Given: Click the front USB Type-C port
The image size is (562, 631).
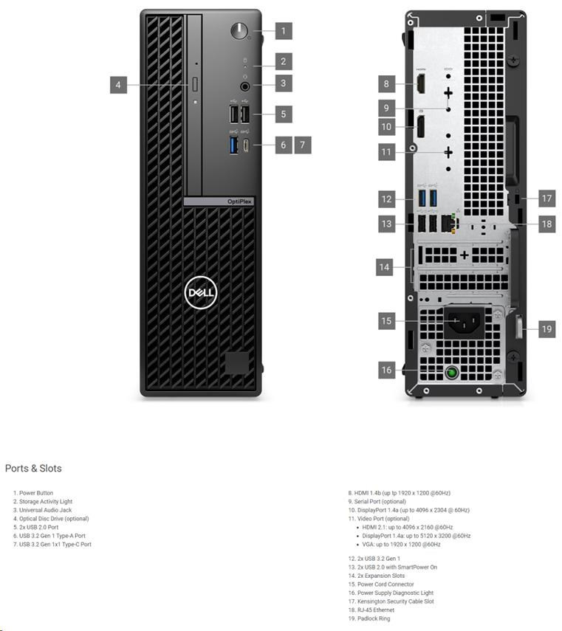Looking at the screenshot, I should (x=246, y=145).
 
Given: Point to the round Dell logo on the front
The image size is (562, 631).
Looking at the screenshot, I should (x=199, y=293).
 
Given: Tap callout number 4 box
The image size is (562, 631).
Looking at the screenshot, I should (x=118, y=85).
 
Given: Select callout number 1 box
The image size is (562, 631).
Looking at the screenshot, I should (x=283, y=31).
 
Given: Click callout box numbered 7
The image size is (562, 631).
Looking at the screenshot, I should (x=303, y=145).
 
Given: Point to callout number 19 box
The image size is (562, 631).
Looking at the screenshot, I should (x=546, y=329).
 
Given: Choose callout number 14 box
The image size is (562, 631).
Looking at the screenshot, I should (x=385, y=267).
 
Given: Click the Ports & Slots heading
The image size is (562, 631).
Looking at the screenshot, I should (x=33, y=469).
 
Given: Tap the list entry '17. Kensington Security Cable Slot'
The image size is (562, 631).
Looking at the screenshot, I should (x=391, y=601).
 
